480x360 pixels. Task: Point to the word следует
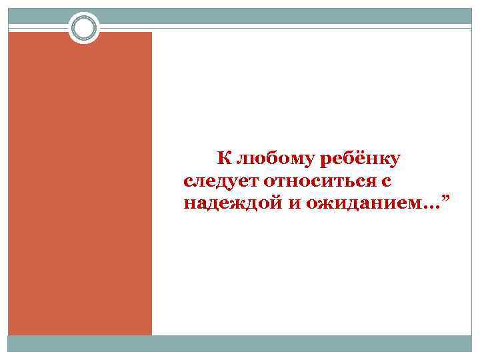coord(220,181)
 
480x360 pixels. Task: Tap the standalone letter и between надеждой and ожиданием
coord(294,203)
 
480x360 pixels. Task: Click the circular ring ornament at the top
coord(84,28)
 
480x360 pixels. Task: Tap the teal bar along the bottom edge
coord(240,343)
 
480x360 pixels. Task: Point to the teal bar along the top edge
coord(267,15)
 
